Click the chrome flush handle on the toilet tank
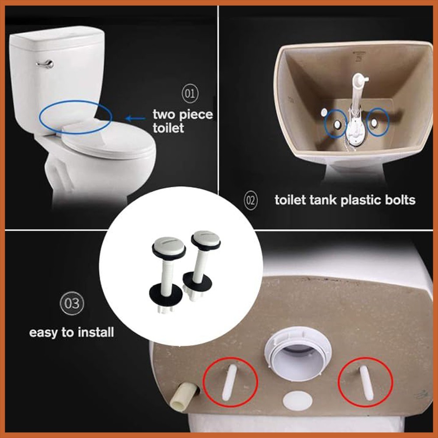(45, 64)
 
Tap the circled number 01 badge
(190, 94)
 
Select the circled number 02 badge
(251, 201)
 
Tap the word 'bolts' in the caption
(397, 200)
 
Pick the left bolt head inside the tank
(337, 124)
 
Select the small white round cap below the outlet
(297, 400)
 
